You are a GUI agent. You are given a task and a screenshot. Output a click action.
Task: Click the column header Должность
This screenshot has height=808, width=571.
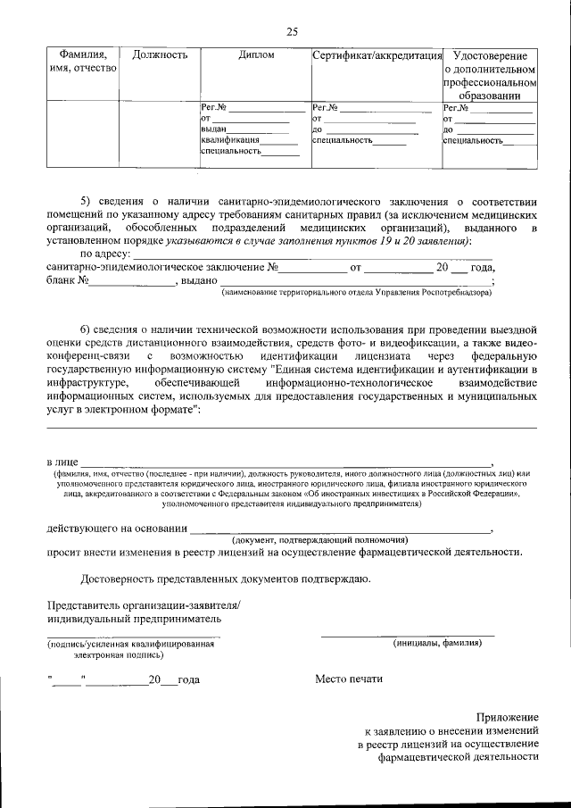159,55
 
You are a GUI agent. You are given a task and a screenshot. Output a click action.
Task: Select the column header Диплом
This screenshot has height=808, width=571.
257,55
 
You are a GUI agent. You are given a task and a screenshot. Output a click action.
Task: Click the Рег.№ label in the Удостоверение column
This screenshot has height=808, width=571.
456,108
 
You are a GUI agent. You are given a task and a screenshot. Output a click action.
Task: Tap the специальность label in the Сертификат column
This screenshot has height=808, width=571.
342,140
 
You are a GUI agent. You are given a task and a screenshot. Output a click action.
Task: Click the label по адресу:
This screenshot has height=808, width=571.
105,254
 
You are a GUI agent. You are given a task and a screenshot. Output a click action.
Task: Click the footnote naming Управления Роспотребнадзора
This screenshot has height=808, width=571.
356,292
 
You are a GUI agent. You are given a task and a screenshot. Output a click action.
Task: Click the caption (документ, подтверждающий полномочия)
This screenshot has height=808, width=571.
320,540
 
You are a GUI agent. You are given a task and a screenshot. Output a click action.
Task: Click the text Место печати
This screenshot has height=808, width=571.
348,679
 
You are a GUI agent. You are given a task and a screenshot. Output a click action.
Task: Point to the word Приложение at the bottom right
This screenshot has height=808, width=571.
507,717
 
